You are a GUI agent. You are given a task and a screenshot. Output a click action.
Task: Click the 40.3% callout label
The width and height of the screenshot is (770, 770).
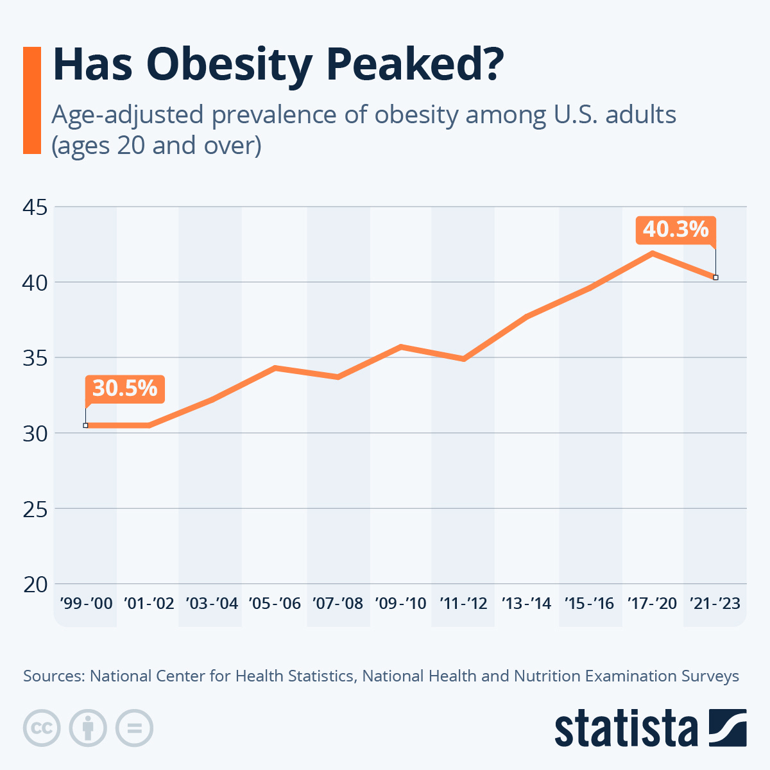[x=675, y=230]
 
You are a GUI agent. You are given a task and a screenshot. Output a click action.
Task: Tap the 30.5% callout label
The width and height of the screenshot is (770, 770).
[x=124, y=389]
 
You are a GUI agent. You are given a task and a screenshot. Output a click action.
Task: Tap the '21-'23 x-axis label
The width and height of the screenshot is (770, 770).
[x=715, y=604]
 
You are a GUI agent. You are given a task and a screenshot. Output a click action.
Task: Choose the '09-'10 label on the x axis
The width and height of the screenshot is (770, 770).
[x=400, y=604]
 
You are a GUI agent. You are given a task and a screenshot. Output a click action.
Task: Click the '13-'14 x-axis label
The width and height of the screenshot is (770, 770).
[x=526, y=604]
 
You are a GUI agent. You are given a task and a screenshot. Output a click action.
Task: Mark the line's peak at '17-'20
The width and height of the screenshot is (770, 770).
[x=653, y=253]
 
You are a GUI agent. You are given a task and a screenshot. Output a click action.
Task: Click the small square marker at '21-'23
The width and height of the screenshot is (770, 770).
[x=715, y=277]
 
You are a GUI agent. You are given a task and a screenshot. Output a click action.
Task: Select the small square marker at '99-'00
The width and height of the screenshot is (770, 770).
[x=85, y=425]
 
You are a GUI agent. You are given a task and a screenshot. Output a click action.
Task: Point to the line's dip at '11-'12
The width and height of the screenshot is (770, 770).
[x=463, y=359]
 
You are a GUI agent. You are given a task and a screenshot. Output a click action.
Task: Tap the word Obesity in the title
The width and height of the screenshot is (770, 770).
[x=230, y=65]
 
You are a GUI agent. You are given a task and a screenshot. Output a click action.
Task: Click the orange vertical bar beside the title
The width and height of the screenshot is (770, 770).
[x=31, y=100]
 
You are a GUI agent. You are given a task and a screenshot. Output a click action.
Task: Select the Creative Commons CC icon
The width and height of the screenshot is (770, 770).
[x=42, y=728]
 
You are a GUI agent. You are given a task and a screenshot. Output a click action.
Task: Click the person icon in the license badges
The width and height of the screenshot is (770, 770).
[x=88, y=728]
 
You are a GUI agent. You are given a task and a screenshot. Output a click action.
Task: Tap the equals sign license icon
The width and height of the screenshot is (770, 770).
[x=134, y=728]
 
